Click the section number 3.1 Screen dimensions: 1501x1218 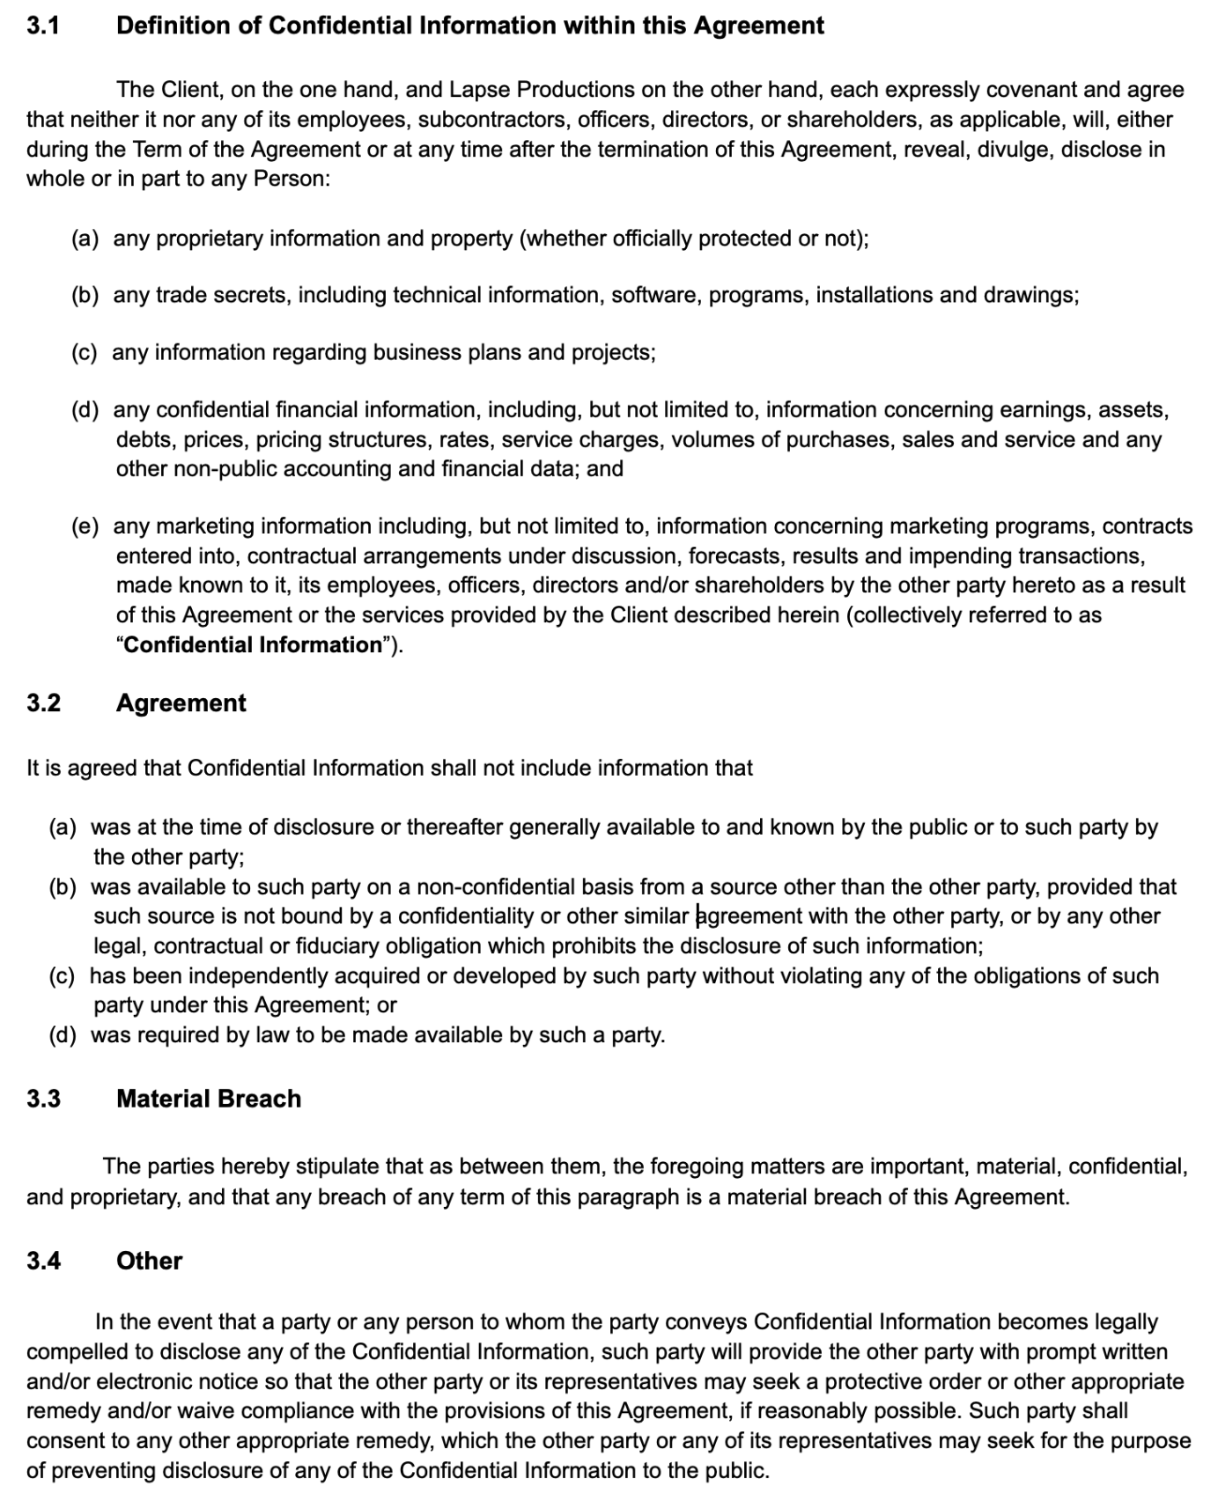tap(42, 26)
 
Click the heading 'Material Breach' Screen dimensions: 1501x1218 tap(209, 1099)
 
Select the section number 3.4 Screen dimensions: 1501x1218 tap(43, 1261)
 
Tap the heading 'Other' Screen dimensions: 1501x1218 tap(149, 1261)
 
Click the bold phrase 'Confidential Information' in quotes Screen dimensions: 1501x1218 tap(252, 644)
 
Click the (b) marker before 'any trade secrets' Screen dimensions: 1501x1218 tap(85, 295)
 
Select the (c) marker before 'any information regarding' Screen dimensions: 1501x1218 tap(85, 353)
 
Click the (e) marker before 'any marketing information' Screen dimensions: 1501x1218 tap(85, 526)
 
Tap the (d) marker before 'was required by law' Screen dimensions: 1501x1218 tap(63, 1034)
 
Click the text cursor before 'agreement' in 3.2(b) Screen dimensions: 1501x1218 tap(698, 916)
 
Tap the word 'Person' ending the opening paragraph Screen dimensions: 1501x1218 tap(289, 179)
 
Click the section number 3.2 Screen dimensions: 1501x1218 tap(43, 703)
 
